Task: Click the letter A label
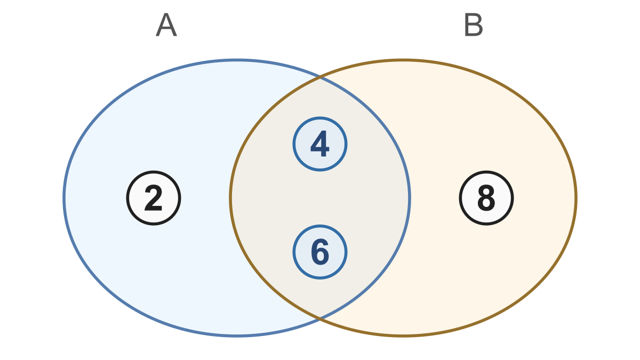click(166, 25)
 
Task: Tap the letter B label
click(474, 25)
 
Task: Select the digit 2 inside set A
click(154, 198)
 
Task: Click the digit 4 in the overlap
click(320, 143)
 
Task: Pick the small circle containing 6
click(320, 252)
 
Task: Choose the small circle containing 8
click(486, 198)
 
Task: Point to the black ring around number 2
click(127, 198)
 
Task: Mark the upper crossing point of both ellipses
click(320, 77)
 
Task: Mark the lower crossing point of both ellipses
click(320, 318)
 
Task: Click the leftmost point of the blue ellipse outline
click(64, 198)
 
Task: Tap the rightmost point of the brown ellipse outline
click(576, 198)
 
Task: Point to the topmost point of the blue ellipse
click(237, 60)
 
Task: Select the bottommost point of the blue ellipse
click(237, 336)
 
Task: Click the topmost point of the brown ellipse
click(403, 60)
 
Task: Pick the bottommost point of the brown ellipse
click(403, 336)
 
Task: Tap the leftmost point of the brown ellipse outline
click(230, 198)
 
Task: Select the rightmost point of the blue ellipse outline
click(410, 198)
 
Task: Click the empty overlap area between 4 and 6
click(320, 198)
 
